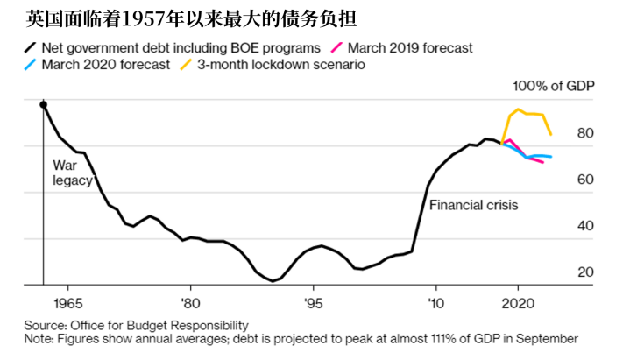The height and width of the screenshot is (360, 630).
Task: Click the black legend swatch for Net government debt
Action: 32,48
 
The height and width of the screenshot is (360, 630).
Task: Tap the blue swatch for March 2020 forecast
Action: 32,66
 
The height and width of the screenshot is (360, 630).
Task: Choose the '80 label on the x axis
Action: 189,302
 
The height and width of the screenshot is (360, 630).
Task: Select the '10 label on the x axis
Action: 435,302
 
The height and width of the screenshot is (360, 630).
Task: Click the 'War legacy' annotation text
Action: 67,172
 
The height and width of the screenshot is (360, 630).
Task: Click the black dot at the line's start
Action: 44,105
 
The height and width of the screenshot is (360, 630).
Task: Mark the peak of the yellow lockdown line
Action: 518,109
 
